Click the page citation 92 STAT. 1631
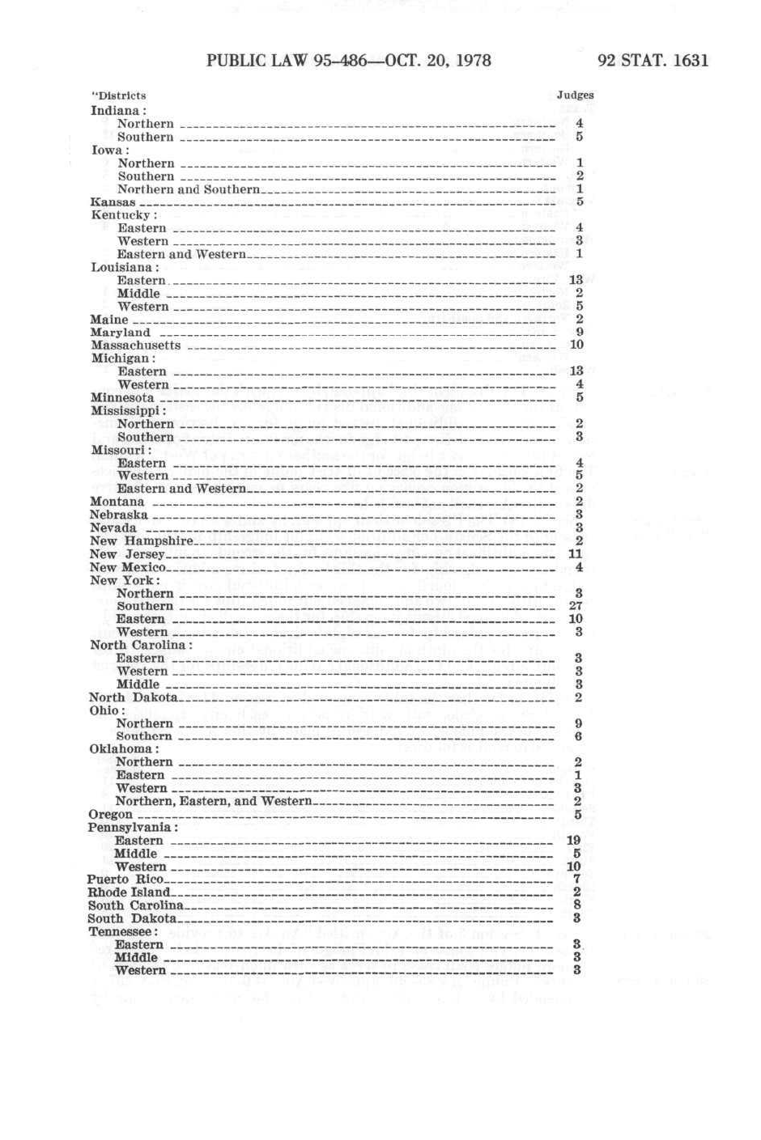[x=653, y=61]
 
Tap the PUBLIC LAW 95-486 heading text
[x=349, y=61]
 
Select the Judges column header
[x=576, y=95]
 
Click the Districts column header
[x=119, y=95]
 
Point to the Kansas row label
[x=113, y=202]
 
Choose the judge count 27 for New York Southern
[x=576, y=606]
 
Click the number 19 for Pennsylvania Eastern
[x=574, y=841]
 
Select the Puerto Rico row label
[x=125, y=879]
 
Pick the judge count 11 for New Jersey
[x=576, y=554]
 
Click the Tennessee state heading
[x=122, y=931]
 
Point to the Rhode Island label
[x=129, y=892]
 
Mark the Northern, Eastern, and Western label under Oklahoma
[x=214, y=801]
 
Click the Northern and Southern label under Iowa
[x=189, y=189]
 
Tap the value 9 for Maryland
[x=580, y=332]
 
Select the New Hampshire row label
[x=142, y=541]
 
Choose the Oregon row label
[x=110, y=814]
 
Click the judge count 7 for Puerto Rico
[x=576, y=879]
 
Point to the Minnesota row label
[x=122, y=398]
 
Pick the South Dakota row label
[x=132, y=918]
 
